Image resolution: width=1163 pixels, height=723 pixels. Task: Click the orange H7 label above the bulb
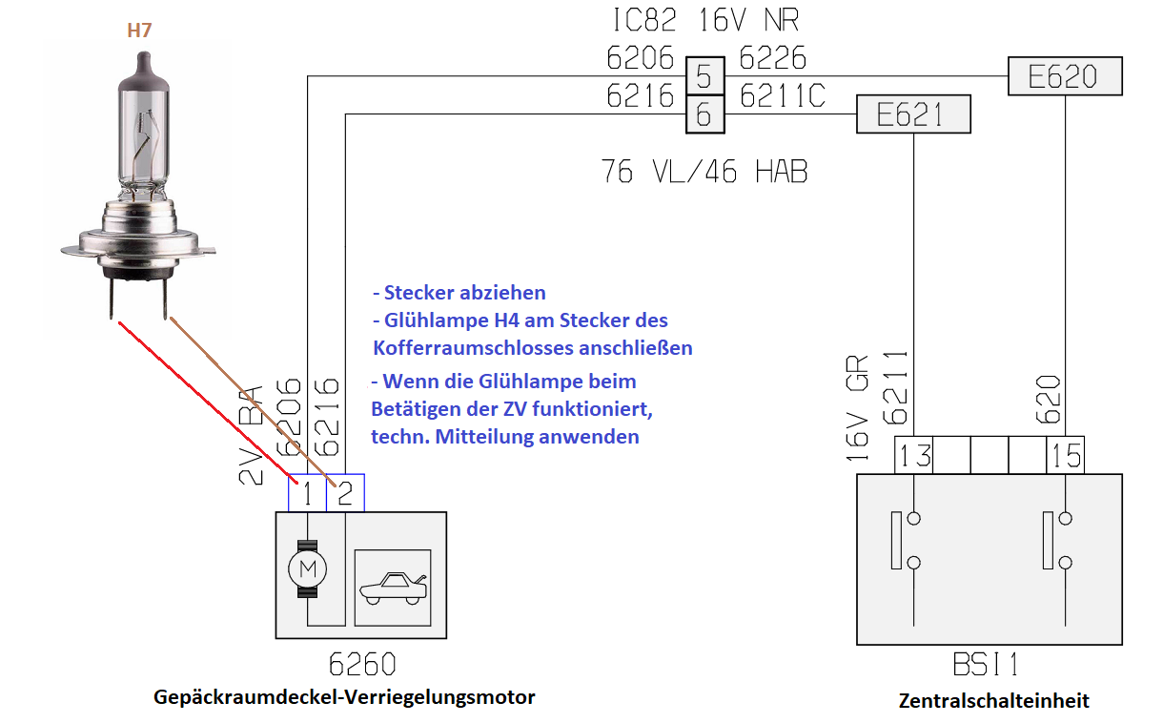(139, 31)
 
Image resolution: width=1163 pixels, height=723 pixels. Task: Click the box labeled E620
(1065, 76)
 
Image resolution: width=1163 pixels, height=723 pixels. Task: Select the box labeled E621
(913, 114)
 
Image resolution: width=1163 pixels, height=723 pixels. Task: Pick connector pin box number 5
(704, 75)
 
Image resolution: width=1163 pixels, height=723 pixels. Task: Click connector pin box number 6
(704, 114)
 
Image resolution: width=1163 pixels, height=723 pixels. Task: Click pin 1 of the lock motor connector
(307, 493)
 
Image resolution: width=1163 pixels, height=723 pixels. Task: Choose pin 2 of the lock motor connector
(345, 493)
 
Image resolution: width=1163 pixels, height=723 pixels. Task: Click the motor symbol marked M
(307, 569)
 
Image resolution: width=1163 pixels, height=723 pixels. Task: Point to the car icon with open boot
(393, 585)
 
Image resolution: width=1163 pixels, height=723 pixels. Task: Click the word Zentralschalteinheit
(993, 701)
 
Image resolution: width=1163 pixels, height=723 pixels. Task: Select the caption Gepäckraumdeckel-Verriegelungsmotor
(344, 697)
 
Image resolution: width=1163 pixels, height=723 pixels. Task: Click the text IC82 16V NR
(705, 19)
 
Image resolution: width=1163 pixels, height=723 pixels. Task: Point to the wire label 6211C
(782, 96)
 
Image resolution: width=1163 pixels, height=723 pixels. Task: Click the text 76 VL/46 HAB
(704, 172)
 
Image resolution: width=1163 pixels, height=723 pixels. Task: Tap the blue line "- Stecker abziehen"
(459, 292)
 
